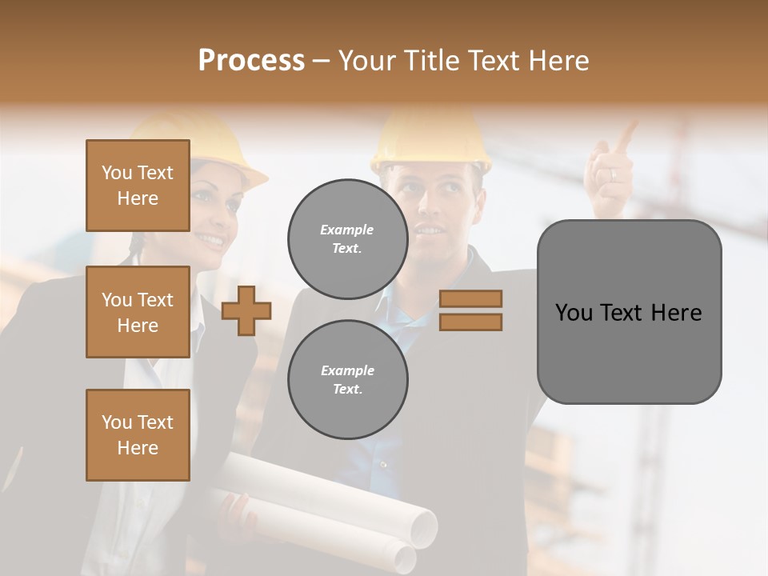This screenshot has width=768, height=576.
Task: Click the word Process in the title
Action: pos(251,61)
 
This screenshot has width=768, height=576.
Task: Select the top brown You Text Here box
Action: pos(138,186)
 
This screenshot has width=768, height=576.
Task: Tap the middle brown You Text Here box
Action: pos(138,312)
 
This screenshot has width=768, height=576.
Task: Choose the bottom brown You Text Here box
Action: pos(138,435)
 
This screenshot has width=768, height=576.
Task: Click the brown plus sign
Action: pos(246,310)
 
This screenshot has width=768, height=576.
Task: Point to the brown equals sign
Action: pos(470,310)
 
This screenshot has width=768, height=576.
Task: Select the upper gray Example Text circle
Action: pos(347,238)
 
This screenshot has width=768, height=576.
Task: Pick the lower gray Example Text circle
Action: pos(347,379)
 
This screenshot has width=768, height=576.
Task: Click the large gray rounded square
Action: pos(629,312)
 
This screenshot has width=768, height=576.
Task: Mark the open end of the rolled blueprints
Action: pos(421,526)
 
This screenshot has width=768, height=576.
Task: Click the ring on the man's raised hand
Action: pos(613,174)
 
